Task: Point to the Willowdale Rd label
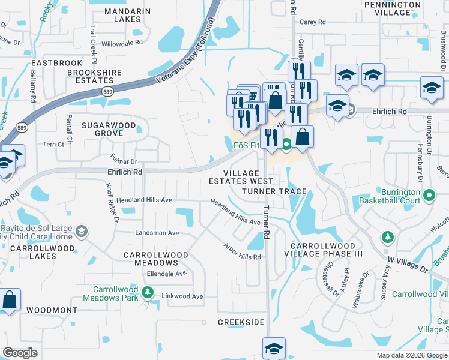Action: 122,43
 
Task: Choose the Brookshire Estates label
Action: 86,77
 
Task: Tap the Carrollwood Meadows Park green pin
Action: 149,293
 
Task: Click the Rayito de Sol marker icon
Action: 82,231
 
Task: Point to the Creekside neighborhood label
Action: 241,323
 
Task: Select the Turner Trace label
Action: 274,191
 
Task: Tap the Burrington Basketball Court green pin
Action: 429,196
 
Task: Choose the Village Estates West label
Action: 241,177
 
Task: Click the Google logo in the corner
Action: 20,353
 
